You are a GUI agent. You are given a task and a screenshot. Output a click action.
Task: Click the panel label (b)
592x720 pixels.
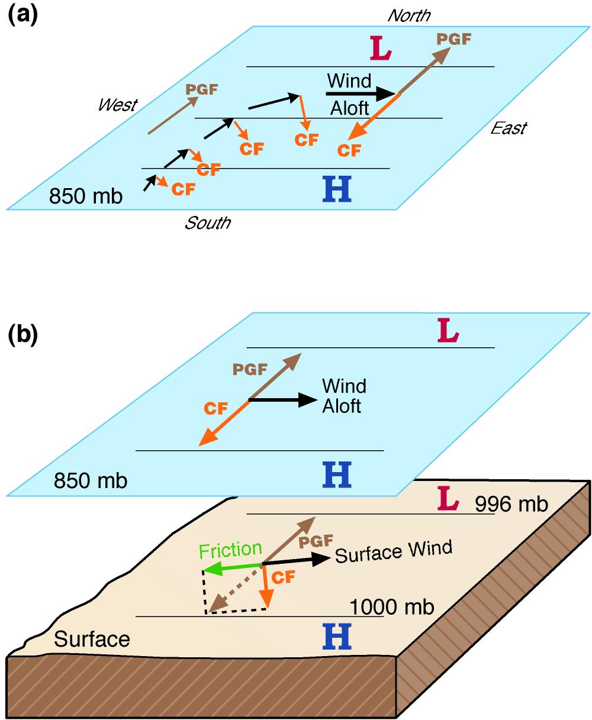(22, 335)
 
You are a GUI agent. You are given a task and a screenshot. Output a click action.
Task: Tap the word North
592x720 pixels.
(409, 15)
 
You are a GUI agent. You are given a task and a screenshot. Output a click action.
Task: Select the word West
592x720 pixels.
(117, 105)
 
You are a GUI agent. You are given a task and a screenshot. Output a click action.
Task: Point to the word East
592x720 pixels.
(509, 128)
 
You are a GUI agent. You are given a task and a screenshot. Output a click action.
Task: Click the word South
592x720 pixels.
(207, 223)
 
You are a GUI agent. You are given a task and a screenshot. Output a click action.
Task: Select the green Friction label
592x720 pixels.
(230, 550)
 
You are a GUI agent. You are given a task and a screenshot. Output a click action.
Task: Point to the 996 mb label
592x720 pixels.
(511, 503)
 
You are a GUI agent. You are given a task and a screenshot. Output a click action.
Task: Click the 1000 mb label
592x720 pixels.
(392, 607)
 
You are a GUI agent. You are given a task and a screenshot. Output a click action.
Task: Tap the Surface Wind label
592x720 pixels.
(394, 551)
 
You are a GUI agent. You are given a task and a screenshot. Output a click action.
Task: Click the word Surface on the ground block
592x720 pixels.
(92, 639)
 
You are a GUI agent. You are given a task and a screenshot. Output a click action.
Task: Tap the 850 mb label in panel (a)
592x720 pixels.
(85, 196)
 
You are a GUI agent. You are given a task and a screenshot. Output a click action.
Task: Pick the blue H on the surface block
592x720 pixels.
(337, 637)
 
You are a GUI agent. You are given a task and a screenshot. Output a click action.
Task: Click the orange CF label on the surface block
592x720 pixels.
(283, 578)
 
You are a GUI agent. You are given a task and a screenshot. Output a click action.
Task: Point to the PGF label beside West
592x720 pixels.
(201, 90)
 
